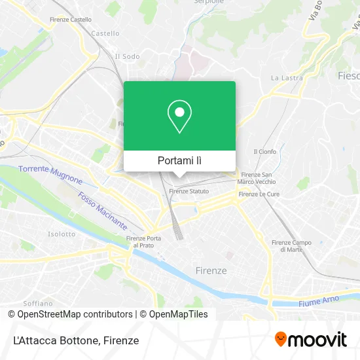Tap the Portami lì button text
[179, 160]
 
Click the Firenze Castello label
[71, 20]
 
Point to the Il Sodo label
[127, 56]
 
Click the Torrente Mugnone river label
[50, 175]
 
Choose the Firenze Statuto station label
[189, 191]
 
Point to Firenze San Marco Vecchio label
[257, 177]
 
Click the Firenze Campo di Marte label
[287, 245]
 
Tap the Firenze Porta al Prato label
[143, 241]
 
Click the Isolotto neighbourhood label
[62, 234]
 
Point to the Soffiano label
[37, 303]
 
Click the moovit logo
[310, 339]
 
